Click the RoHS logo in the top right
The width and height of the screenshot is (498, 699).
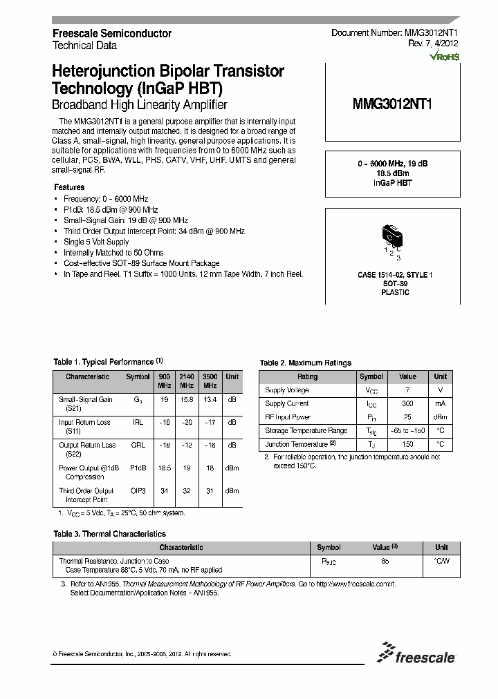click(x=445, y=57)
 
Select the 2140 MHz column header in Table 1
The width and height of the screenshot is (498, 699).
click(x=187, y=381)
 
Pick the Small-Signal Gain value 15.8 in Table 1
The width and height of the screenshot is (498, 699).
click(x=187, y=399)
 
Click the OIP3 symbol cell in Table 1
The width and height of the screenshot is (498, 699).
click(x=138, y=490)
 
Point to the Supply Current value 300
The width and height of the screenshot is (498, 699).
click(x=407, y=403)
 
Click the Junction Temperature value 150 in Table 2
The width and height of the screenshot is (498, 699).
click(x=407, y=444)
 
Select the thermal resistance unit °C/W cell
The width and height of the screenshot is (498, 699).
click(x=441, y=562)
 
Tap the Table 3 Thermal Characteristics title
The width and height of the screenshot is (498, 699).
click(x=110, y=534)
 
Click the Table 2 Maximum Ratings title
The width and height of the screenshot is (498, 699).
click(x=305, y=363)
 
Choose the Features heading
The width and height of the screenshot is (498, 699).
click(x=69, y=187)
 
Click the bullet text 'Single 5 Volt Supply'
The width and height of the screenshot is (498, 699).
click(x=95, y=242)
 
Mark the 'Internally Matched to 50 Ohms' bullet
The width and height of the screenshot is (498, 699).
click(x=111, y=253)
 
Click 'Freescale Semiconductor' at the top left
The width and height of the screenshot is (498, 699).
click(x=112, y=33)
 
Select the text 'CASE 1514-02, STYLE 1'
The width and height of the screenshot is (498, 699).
click(x=394, y=275)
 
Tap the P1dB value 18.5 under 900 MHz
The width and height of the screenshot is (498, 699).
click(x=164, y=468)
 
